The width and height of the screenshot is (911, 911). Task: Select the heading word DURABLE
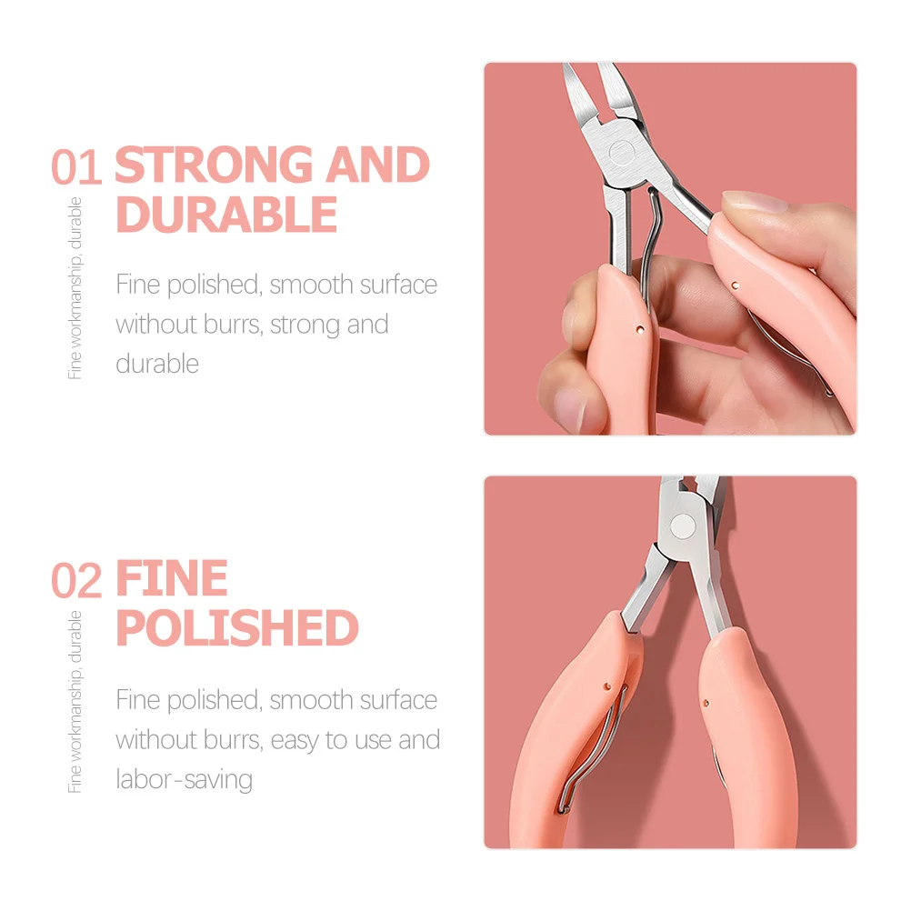[226, 215]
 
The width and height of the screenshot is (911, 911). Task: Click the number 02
[76, 582]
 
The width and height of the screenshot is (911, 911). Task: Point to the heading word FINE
[172, 579]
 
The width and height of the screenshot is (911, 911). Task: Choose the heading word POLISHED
[237, 627]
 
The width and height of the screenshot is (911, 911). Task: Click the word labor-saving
[185, 779]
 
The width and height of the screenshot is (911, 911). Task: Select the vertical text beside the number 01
[75, 287]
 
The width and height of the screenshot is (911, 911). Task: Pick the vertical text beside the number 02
[75, 701]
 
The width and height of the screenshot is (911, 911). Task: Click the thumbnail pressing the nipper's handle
[753, 203]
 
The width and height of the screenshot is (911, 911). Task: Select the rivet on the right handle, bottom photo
[706, 701]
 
